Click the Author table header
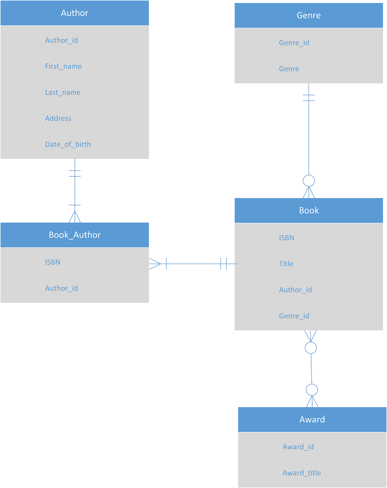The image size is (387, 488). pos(75,13)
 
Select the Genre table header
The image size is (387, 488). pos(309,15)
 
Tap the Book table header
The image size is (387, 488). pos(309,211)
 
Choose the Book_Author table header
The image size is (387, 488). pos(75,235)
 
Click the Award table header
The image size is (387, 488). pos(312,420)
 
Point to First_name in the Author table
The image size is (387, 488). pos(63,66)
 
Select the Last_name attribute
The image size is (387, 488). pos(63,92)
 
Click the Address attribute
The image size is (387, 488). pos(58,119)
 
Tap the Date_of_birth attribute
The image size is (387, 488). pos(68,144)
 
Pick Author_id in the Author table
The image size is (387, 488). pos(62,41)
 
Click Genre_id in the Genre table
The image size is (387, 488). pos(294,43)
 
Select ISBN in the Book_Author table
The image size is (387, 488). pos(53,262)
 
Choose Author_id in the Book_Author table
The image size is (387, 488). pos(62,289)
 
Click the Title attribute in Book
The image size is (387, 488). pos(286,264)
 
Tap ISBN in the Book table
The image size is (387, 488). pos(287,238)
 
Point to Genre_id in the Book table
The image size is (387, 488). pos(294,316)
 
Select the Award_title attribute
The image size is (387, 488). pos(302,473)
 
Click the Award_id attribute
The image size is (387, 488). pos(298,447)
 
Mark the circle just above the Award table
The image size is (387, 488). pos(312,390)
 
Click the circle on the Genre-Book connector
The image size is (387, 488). pos(309,181)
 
